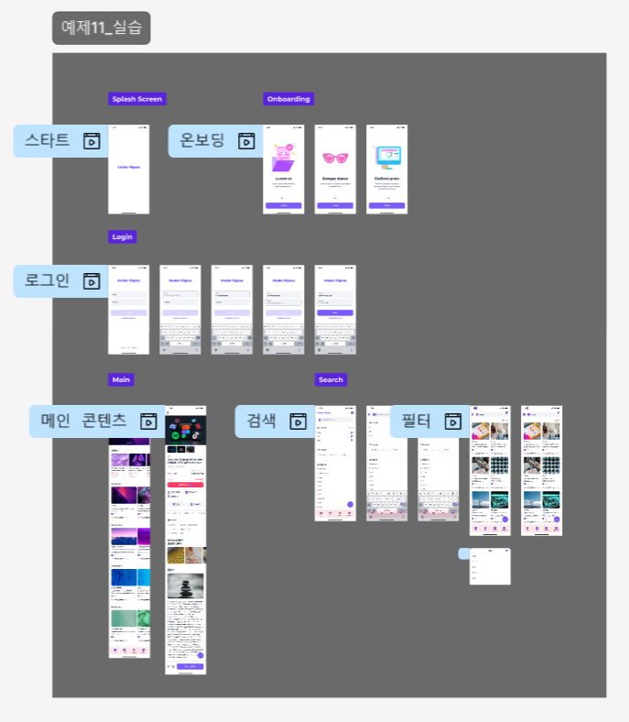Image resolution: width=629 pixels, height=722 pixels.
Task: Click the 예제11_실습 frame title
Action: point(101,27)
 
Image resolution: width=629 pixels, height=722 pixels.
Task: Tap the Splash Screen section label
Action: point(136,99)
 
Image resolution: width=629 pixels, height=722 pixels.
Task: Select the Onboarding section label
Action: point(288,99)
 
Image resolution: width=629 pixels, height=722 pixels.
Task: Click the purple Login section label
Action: point(122,236)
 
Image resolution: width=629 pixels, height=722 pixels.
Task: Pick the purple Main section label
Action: point(121,379)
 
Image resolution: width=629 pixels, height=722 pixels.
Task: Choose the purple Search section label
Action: point(331,379)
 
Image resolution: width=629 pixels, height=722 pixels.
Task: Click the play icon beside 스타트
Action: point(92,141)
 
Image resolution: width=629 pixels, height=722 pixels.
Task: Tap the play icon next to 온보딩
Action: point(246,141)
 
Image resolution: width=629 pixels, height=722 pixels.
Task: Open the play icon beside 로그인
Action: point(92,281)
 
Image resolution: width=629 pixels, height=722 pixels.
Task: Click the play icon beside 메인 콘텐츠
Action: point(148,421)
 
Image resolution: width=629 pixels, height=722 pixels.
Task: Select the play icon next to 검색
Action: point(297,421)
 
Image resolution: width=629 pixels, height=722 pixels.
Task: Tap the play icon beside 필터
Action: point(451,421)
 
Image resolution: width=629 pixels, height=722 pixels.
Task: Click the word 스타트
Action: point(47,141)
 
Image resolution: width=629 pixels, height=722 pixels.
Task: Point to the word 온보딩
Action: point(202,141)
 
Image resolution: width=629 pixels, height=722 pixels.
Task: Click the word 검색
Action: point(261,421)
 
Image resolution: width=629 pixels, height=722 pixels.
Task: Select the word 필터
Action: point(415,421)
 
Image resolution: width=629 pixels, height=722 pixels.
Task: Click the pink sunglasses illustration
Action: point(335,158)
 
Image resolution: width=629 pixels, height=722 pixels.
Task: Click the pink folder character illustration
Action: point(283,157)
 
